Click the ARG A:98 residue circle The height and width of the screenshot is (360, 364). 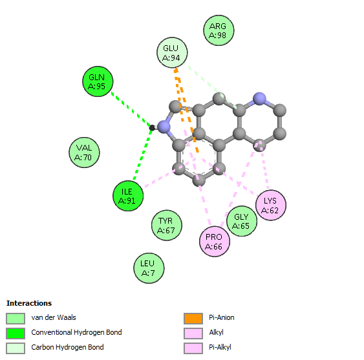(x=219, y=30)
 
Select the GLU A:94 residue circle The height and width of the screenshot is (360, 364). (x=172, y=52)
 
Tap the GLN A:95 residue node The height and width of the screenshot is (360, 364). (x=98, y=81)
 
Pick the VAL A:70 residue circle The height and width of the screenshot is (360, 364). (x=84, y=153)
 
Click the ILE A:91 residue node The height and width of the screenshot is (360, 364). (x=128, y=196)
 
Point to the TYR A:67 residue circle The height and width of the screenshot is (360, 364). (x=166, y=225)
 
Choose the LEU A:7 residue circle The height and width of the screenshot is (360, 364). (x=149, y=268)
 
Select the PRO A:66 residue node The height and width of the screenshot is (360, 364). (x=215, y=241)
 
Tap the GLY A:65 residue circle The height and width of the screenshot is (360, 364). (x=242, y=221)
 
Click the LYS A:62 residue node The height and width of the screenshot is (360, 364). (x=271, y=205)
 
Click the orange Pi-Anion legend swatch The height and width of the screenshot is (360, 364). (x=193, y=318)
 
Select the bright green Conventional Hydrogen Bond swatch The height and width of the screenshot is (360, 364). (x=16, y=333)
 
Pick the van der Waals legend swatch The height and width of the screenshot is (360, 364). (x=16, y=318)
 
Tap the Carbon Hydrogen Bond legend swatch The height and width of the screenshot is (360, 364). (x=16, y=348)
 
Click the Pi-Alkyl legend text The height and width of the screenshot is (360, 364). (x=220, y=347)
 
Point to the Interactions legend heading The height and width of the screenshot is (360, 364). (x=29, y=303)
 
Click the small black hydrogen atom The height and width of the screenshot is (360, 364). (x=152, y=128)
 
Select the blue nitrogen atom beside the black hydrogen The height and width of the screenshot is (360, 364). (x=164, y=127)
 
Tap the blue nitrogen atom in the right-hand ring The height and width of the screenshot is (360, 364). (x=259, y=99)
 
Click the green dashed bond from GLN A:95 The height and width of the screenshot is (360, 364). (x=131, y=110)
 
